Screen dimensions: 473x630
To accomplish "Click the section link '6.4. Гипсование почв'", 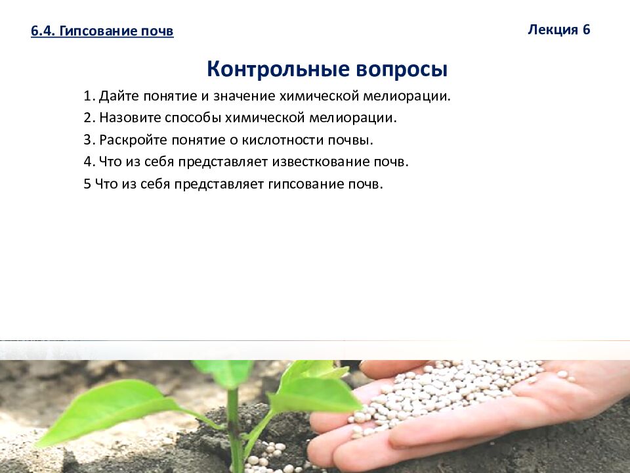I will (102, 32).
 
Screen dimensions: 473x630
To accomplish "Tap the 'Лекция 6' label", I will (559, 30).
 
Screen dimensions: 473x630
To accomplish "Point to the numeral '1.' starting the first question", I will (89, 97).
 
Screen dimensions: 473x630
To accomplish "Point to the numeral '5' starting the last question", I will (87, 184).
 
